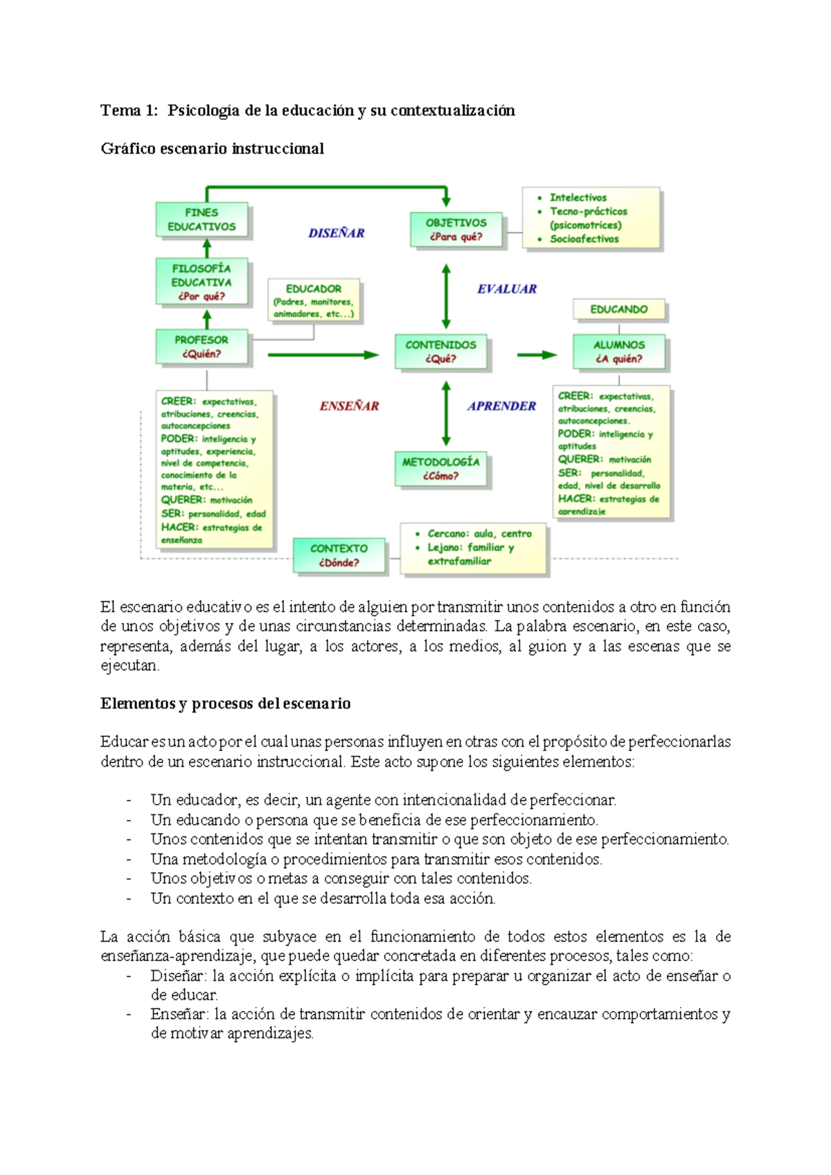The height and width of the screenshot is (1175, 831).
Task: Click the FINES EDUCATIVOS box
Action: tap(201, 219)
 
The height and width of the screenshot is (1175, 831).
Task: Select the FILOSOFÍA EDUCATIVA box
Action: tap(201, 282)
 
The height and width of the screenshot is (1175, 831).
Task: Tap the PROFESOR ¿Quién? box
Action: tap(201, 347)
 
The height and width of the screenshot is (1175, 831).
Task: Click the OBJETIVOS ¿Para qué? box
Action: tap(456, 230)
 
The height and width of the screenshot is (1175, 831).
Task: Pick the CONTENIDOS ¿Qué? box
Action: tap(440, 352)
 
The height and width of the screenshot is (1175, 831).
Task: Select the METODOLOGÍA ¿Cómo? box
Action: tap(440, 468)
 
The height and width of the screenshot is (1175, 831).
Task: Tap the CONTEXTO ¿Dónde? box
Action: tap(339, 555)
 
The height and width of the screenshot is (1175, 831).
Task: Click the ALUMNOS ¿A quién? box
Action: tap(618, 352)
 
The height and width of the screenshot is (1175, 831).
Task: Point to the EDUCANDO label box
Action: tap(618, 309)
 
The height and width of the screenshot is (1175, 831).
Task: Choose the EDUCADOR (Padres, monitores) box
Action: tap(314, 300)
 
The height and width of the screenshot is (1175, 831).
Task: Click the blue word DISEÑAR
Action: tap(337, 233)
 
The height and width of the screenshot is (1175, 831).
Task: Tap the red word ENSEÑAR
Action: tap(349, 406)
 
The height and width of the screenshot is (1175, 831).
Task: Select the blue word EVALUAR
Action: tap(507, 289)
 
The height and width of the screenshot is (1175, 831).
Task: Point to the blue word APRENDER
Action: tap(501, 406)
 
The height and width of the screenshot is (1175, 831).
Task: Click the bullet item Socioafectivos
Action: tap(584, 239)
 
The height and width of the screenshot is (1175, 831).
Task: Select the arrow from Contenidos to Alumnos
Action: tap(537, 355)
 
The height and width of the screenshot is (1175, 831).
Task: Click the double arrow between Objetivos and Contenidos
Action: tap(446, 296)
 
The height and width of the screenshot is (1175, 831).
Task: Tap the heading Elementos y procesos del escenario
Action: tap(225, 704)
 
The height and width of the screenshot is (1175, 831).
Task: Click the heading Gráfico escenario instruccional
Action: tap(212, 149)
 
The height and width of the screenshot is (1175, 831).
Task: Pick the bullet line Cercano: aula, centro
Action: tap(479, 534)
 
